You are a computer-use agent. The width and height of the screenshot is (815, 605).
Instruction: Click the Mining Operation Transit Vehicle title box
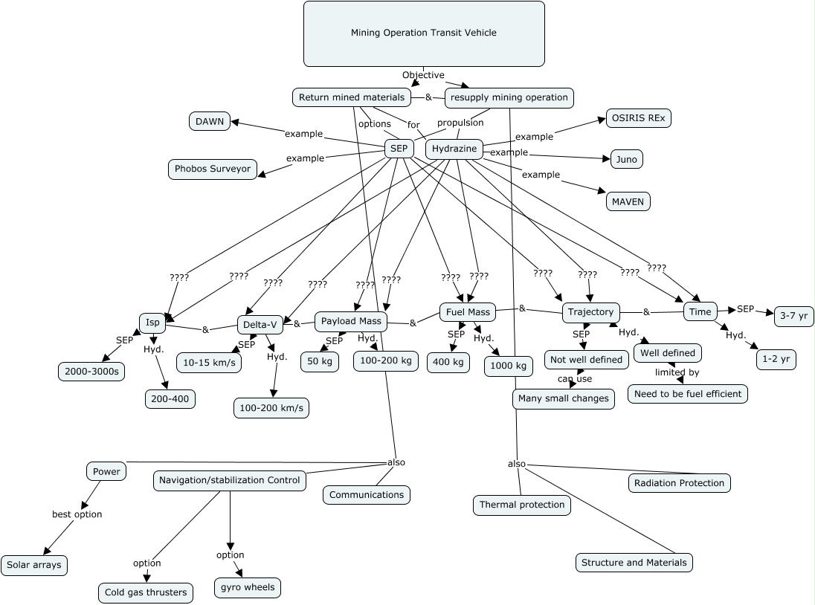tap(424, 33)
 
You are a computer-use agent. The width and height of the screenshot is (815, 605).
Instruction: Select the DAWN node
tap(210, 121)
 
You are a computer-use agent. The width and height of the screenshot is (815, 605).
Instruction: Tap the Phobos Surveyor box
tap(213, 169)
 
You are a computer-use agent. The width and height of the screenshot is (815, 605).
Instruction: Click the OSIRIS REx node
tap(638, 118)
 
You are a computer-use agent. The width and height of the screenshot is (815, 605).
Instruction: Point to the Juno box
tap(626, 160)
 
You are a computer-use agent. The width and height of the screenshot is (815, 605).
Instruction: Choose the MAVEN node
tap(628, 201)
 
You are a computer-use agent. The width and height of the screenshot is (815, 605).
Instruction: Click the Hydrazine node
tap(454, 149)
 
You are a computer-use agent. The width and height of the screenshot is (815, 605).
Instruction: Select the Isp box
tap(152, 323)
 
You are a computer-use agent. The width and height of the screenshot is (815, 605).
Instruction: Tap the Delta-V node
tap(260, 325)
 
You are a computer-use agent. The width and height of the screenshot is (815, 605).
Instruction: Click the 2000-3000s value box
tap(91, 372)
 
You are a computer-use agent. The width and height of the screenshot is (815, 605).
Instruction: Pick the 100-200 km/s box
tap(271, 408)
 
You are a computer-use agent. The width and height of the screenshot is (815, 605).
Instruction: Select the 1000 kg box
tap(509, 366)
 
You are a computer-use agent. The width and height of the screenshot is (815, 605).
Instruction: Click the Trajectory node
tap(591, 312)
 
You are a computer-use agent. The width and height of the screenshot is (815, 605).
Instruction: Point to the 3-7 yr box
tap(793, 316)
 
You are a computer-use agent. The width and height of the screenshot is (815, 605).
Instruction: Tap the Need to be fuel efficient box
tap(688, 394)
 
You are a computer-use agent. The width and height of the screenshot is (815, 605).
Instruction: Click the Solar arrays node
tap(33, 565)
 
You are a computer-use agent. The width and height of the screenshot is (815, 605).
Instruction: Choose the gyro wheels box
tap(248, 587)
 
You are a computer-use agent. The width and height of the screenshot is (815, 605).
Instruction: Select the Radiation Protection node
tap(680, 483)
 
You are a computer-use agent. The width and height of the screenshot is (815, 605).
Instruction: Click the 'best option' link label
tap(77, 514)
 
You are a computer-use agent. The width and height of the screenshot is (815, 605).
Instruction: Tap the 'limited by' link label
tap(677, 372)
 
